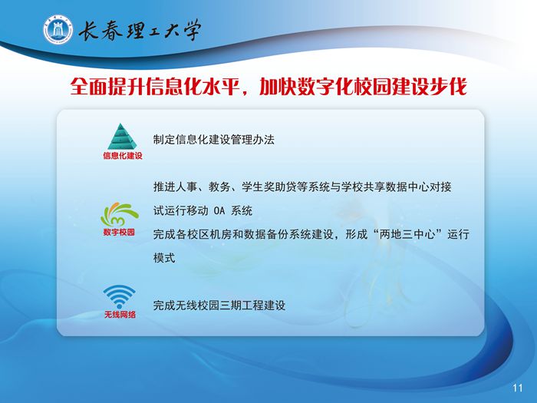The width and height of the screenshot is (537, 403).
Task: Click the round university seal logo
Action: (x=58, y=30)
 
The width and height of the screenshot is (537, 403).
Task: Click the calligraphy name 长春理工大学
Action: (x=139, y=30)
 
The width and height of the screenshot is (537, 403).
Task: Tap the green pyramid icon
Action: (x=122, y=137)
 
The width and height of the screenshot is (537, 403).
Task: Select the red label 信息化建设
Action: (x=123, y=156)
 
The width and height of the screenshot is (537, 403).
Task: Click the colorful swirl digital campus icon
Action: (x=119, y=214)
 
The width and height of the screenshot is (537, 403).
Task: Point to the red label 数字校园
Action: (x=119, y=233)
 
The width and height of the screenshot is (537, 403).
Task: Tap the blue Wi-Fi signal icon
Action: (x=119, y=296)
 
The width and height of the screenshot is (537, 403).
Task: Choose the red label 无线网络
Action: (x=120, y=314)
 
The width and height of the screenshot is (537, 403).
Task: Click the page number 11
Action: (x=518, y=388)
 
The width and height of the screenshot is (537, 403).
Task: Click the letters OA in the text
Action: (x=219, y=211)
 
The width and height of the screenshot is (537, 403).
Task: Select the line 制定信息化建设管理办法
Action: (x=214, y=140)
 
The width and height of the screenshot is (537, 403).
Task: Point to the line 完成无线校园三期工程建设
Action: (x=219, y=306)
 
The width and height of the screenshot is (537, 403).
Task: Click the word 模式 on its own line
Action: (x=164, y=258)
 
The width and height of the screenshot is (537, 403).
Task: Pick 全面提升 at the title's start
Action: (x=107, y=86)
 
